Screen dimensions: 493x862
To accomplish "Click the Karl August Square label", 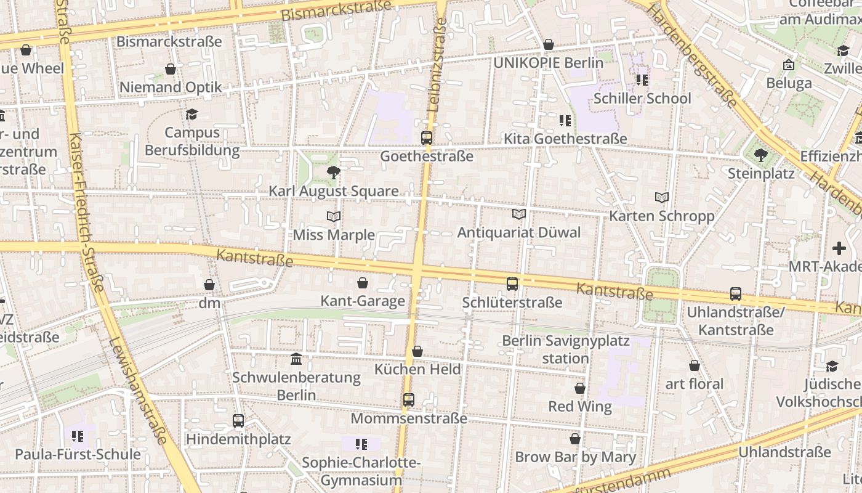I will click(x=333, y=191).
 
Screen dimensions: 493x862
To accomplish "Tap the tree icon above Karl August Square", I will click(x=333, y=173).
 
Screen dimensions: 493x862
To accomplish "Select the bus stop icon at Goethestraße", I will click(x=427, y=137).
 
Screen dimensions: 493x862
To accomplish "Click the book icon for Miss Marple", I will click(x=334, y=216).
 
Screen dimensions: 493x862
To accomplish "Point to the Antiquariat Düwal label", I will click(x=518, y=232).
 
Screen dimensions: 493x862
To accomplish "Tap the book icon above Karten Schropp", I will click(x=662, y=198).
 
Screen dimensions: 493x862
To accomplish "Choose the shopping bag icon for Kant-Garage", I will click(x=363, y=283).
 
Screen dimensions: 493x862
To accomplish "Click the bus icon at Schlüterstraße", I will click(x=512, y=284).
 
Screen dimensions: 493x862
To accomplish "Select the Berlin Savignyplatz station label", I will click(x=566, y=349).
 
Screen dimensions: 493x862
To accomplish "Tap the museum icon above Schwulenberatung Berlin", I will click(x=296, y=359).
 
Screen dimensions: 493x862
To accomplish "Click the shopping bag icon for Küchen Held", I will click(x=417, y=351).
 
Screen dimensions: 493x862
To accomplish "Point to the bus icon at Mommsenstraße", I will click(x=409, y=400).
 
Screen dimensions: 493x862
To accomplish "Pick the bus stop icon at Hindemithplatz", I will click(x=238, y=421).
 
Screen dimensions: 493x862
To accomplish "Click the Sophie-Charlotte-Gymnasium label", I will click(x=361, y=471).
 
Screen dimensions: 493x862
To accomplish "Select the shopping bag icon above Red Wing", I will click(x=580, y=388).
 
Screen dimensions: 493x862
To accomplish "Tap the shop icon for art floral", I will click(x=695, y=365).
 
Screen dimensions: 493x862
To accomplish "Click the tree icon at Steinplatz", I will click(x=761, y=155).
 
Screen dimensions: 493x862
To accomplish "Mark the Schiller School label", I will click(x=642, y=99).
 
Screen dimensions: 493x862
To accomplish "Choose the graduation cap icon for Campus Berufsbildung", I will click(x=192, y=114).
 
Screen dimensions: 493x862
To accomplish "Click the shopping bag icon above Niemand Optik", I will click(x=171, y=68).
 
